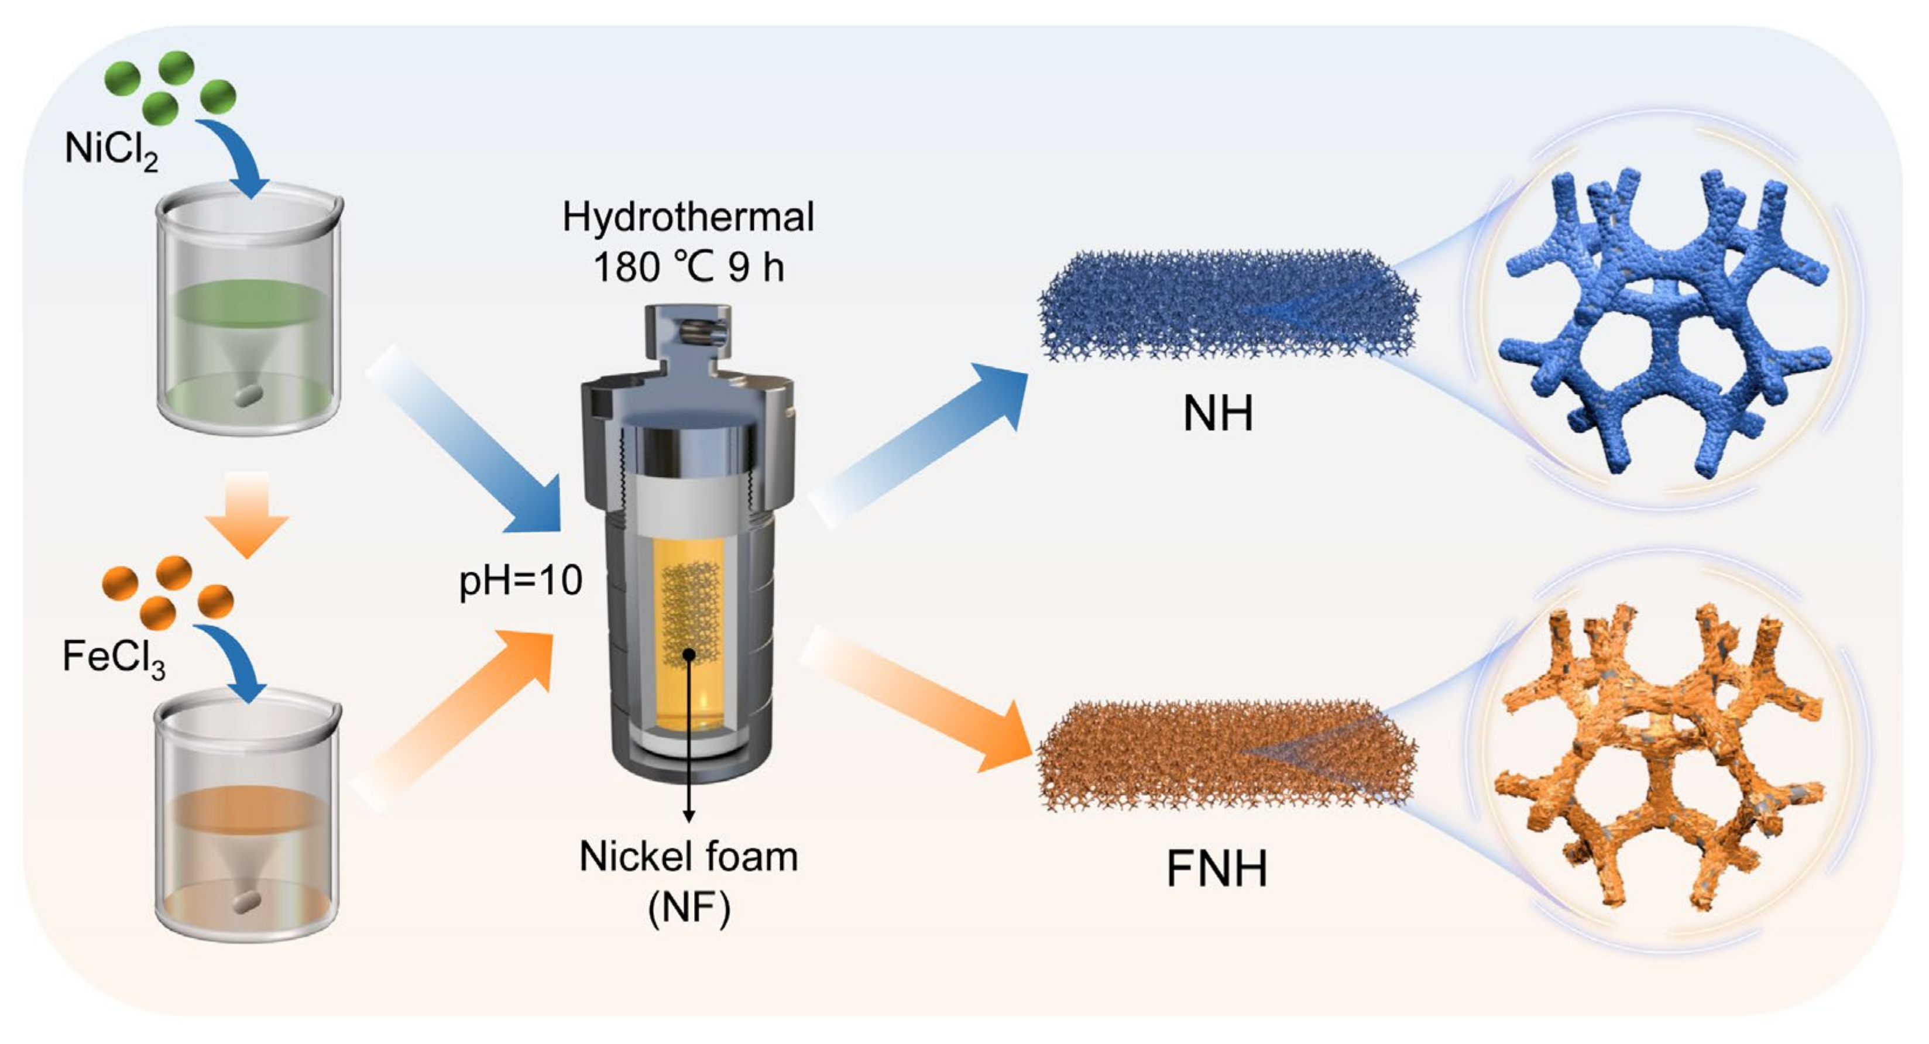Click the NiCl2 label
111,150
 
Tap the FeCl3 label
113,658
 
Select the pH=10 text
520,581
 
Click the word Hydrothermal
688,217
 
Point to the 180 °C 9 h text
688,267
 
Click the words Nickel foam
688,856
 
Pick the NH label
1217,413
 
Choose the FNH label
1217,869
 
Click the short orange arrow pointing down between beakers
247,513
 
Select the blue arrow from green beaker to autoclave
472,442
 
